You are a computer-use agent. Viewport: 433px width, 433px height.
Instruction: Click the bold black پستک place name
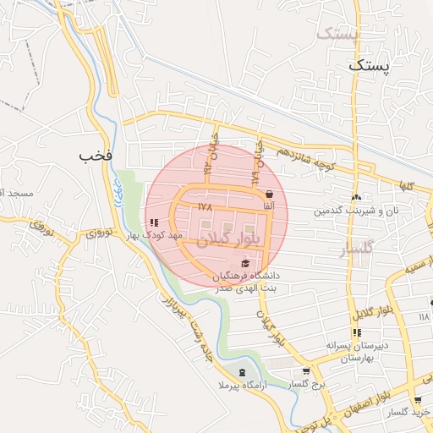point(370,65)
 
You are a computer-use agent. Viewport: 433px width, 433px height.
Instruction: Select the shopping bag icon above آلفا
point(270,194)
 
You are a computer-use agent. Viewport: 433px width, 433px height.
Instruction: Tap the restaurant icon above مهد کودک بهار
point(154,222)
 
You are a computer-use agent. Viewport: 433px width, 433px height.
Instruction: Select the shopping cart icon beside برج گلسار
point(306,371)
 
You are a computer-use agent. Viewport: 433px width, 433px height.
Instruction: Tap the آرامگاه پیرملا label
point(244,386)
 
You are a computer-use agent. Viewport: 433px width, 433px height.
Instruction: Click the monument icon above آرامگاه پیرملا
point(244,372)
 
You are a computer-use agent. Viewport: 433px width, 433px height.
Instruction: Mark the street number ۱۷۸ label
point(204,206)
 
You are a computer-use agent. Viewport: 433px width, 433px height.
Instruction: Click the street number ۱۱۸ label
point(424,316)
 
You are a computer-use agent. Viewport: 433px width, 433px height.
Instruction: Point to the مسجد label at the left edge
point(16,195)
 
